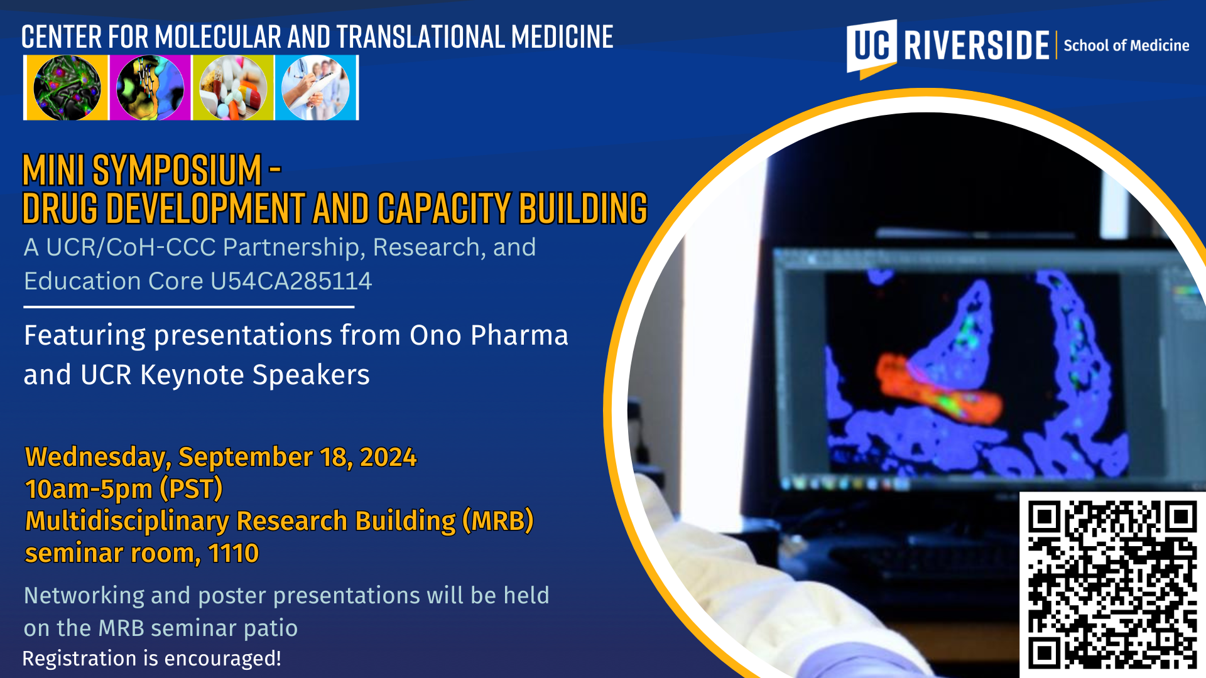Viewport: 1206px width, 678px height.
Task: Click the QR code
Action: [1112, 584]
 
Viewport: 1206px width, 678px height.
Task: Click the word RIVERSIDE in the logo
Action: [977, 45]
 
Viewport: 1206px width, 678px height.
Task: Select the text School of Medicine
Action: [1126, 46]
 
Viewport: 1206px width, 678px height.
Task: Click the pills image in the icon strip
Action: [233, 88]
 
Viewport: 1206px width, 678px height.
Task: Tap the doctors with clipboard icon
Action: [316, 88]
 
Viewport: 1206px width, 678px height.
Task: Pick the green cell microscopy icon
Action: [67, 88]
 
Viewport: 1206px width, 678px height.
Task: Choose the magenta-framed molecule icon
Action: [150, 88]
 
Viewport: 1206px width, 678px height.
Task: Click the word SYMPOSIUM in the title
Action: [177, 170]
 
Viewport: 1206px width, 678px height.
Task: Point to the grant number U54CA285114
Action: [291, 281]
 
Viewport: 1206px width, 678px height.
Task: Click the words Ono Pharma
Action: [489, 335]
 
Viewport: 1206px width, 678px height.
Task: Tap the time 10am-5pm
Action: [89, 489]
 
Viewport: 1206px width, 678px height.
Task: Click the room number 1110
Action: [233, 554]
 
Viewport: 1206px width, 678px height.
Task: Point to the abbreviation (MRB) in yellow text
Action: [497, 521]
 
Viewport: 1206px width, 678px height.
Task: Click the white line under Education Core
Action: [188, 307]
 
